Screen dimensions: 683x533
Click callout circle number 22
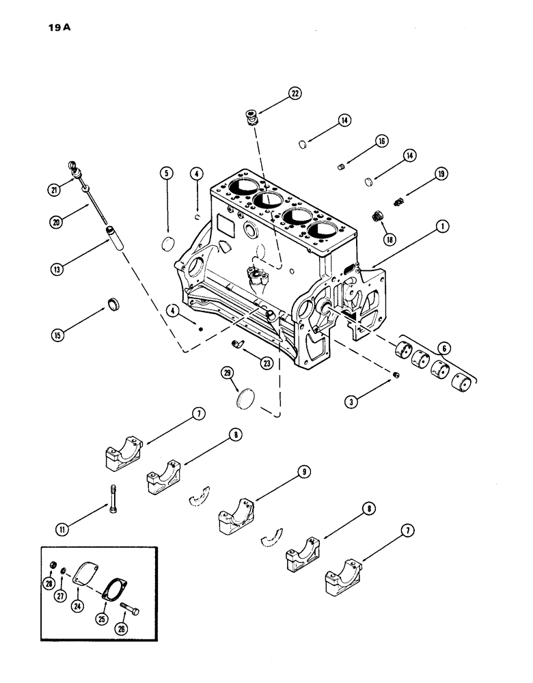point(295,95)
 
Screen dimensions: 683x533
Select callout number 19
point(441,175)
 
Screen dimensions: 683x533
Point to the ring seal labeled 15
point(113,303)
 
